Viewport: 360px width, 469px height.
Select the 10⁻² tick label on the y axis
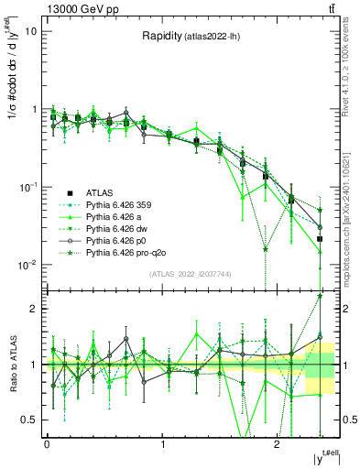tap(27, 265)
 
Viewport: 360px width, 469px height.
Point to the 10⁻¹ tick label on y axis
tap(27, 187)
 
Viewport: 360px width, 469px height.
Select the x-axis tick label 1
tap(163, 443)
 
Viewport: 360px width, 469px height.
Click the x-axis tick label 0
tap(47, 443)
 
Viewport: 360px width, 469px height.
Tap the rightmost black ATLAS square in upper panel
tap(320, 238)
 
